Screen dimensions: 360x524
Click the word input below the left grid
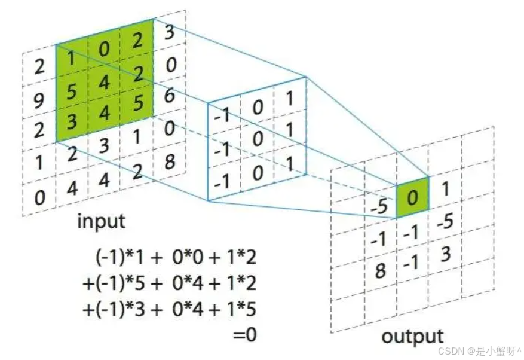click(102, 221)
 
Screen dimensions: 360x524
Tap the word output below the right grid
click(412, 336)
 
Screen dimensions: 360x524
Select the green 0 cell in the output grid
click(412, 196)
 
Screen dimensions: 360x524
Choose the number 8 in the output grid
click(380, 272)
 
